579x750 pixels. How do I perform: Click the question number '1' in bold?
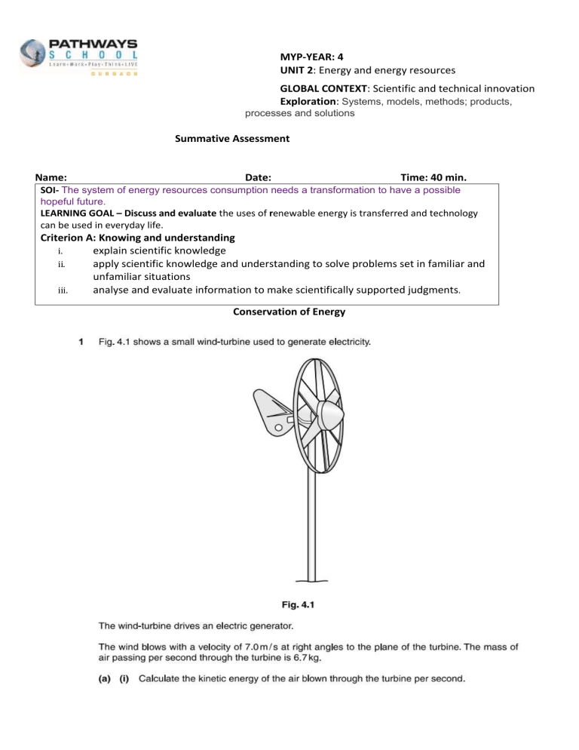tap(81, 343)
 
